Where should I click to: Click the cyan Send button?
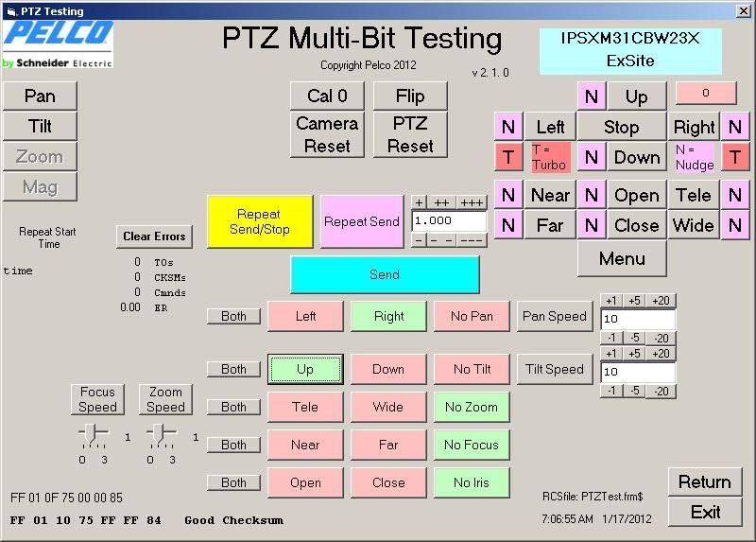(x=385, y=274)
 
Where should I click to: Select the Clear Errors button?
(x=154, y=236)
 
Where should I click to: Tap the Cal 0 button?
(x=327, y=96)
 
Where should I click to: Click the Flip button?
(x=410, y=96)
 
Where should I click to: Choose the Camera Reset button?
(x=327, y=134)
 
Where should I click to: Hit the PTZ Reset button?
(x=410, y=134)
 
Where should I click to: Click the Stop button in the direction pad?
(x=622, y=127)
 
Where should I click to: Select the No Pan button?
(x=472, y=316)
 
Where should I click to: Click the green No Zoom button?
(x=472, y=407)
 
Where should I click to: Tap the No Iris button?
(x=472, y=482)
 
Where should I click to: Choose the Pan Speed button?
(x=555, y=316)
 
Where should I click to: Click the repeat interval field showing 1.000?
(x=449, y=221)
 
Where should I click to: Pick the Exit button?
(x=705, y=512)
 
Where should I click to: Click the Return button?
(x=705, y=481)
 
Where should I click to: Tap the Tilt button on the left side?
(x=40, y=126)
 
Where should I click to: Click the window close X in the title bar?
(x=744, y=10)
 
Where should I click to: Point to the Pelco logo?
(x=58, y=44)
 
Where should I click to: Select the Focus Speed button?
(x=97, y=399)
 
